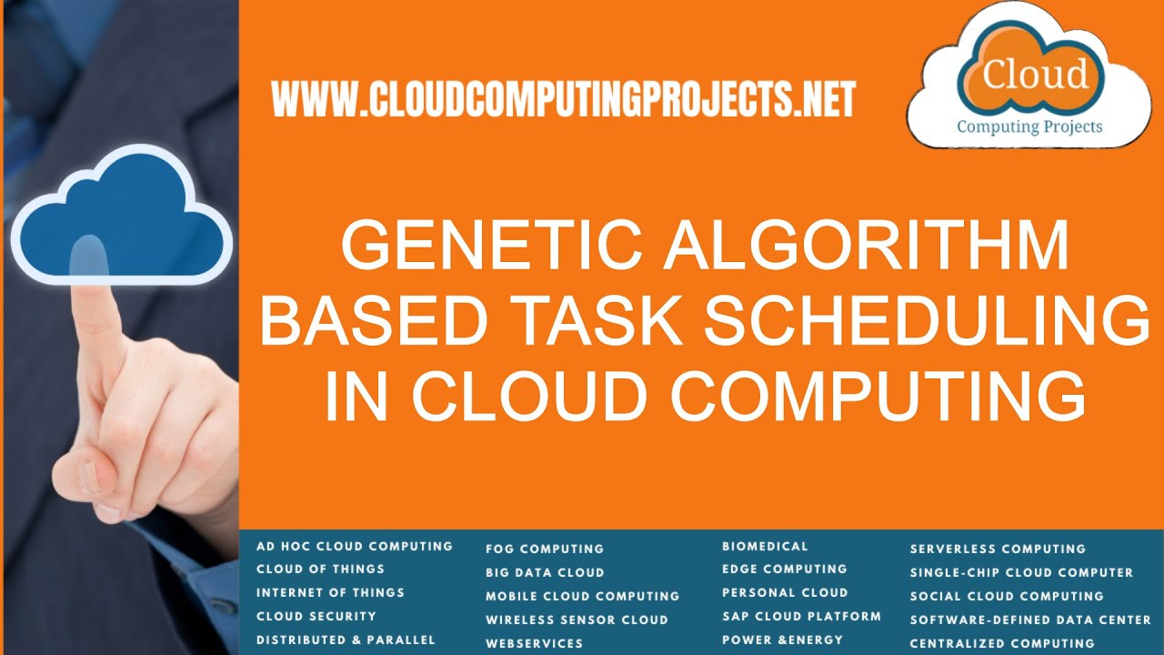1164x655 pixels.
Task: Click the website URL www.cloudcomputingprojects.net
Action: pyautogui.click(x=564, y=99)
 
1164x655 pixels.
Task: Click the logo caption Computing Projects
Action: pyautogui.click(x=1029, y=126)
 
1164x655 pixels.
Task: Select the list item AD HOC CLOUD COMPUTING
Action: pyautogui.click(x=355, y=547)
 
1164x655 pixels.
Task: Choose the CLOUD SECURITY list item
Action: pyautogui.click(x=316, y=616)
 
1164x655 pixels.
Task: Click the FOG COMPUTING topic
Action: pyautogui.click(x=545, y=549)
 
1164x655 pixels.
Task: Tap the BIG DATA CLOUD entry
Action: pyautogui.click(x=545, y=573)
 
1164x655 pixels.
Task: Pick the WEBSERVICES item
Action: pyautogui.click(x=535, y=643)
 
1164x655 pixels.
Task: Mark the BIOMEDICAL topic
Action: pyautogui.click(x=765, y=547)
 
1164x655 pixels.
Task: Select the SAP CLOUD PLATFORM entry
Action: pyautogui.click(x=801, y=616)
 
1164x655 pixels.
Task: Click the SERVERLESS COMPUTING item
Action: pyautogui.click(x=998, y=549)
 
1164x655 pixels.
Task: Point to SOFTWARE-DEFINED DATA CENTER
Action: pyautogui.click(x=1030, y=620)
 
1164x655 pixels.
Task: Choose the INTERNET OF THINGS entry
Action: pyautogui.click(x=330, y=592)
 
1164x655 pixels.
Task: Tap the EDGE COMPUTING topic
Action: pyautogui.click(x=785, y=569)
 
